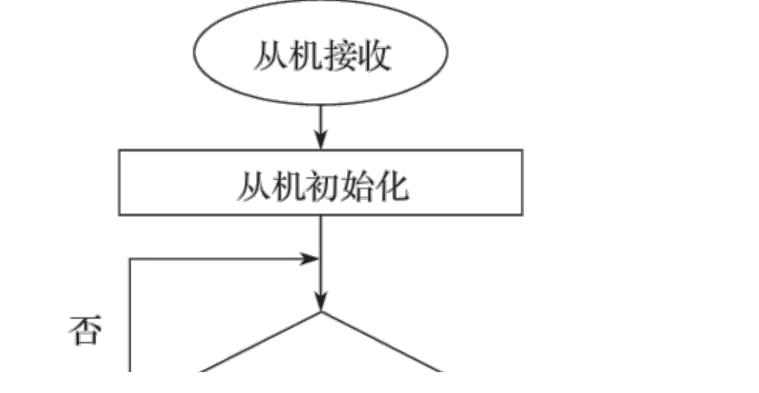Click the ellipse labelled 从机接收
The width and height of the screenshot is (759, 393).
coord(320,53)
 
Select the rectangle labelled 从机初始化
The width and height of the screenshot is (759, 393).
coord(320,182)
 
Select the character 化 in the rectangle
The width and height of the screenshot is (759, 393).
coord(393,186)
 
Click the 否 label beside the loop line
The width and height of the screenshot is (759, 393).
coord(85,332)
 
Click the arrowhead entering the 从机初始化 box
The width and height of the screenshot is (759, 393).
coord(320,141)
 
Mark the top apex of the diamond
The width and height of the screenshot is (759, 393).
coord(320,312)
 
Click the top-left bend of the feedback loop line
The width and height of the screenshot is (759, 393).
coord(130,259)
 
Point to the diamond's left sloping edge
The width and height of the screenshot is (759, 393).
coord(260,342)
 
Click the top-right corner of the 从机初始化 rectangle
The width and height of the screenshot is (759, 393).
coord(522,151)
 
